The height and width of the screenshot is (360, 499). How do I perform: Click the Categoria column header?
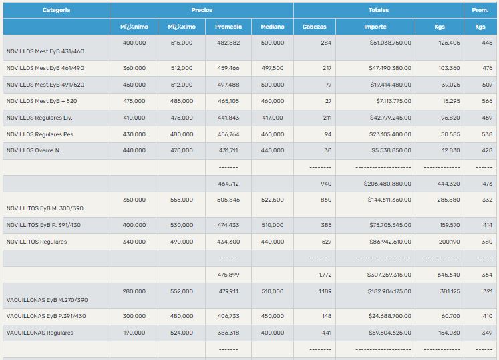56,10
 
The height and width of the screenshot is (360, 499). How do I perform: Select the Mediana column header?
272,27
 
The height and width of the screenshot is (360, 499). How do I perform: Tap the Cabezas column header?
314,27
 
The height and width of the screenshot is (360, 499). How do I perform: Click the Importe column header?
375,27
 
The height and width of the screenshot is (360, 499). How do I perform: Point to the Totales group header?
378,10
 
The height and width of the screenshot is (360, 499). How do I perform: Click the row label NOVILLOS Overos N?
33,150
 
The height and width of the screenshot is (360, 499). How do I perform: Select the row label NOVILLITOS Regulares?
37,242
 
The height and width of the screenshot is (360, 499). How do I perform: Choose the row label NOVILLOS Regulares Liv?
39,118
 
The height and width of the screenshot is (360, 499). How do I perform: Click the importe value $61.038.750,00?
390,43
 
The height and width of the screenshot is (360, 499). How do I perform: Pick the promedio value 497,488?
228,85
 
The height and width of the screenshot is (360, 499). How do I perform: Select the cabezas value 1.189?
325,291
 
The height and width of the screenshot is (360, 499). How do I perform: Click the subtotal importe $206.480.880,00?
387,184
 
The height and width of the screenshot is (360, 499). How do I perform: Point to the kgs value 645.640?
448,275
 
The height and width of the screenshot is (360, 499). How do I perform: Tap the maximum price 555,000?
181,200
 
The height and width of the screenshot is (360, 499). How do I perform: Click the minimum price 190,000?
134,333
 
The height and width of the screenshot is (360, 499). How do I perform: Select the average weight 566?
487,101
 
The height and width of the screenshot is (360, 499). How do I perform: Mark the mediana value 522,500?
272,200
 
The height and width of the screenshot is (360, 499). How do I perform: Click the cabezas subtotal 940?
326,184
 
